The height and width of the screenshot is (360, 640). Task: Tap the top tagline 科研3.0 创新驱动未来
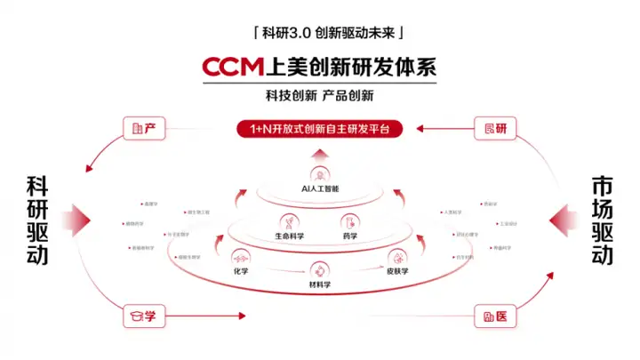tap(320, 34)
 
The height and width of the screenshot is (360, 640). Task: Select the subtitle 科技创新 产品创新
tap(320, 95)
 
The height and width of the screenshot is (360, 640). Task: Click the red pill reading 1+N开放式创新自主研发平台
tap(319, 129)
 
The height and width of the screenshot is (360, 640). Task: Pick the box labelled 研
tap(495, 128)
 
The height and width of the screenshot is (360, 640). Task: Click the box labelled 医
tap(495, 315)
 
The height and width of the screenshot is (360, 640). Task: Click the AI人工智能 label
tap(319, 189)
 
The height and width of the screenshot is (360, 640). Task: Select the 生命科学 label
tap(289, 237)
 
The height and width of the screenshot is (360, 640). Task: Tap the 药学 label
tap(349, 237)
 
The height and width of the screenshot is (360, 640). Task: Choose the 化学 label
tap(240, 270)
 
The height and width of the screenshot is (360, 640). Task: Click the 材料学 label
tap(319, 284)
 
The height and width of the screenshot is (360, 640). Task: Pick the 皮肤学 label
tap(396, 270)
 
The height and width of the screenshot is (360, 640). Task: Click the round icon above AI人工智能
tap(319, 174)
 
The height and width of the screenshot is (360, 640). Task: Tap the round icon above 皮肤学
tap(396, 256)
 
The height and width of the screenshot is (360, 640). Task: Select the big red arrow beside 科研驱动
tap(80, 219)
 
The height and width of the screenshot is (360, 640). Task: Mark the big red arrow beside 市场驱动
tap(560, 219)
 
